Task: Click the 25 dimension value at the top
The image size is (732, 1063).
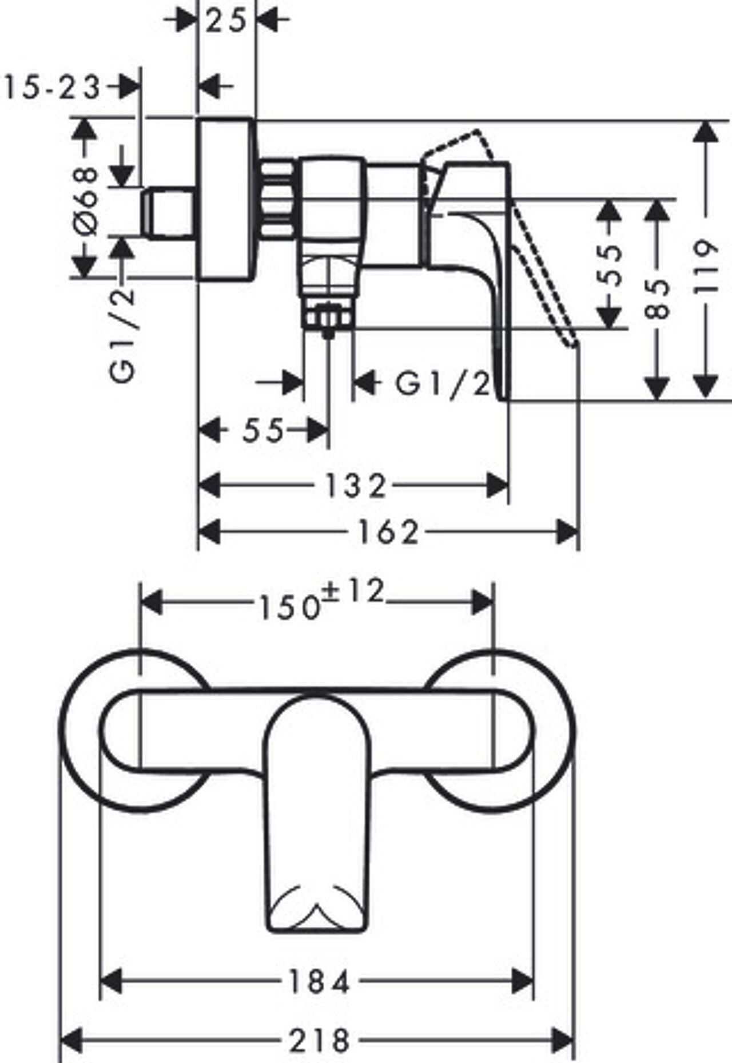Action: [x=226, y=21]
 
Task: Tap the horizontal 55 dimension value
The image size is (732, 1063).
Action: [x=262, y=430]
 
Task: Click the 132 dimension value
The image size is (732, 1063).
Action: [x=356, y=486]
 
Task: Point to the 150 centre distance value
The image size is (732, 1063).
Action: [x=289, y=608]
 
